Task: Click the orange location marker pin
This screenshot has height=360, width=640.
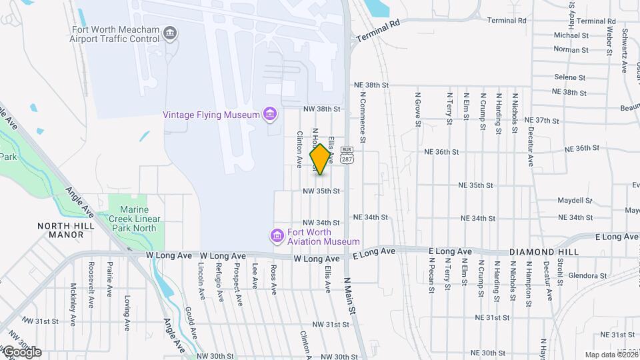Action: coord(321,159)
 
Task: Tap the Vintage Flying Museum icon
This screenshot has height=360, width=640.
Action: coord(270,115)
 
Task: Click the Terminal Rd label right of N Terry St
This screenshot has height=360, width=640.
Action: coord(507,21)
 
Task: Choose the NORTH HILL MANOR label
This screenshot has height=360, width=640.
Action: coord(66,230)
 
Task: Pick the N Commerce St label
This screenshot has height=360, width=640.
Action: coord(363,117)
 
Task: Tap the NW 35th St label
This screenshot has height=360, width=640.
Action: coord(321,191)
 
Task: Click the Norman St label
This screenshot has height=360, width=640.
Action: coord(571,49)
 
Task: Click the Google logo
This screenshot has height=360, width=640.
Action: coord(21,351)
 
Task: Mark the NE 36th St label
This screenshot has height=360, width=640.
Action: coord(442,152)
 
